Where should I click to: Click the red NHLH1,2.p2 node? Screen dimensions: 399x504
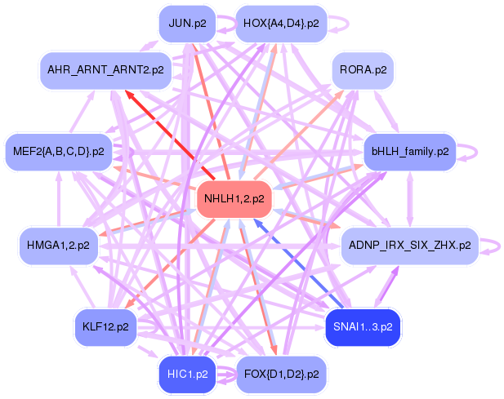coord(234,199)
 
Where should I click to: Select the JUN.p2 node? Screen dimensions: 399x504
coord(187,23)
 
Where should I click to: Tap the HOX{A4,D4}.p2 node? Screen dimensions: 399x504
coord(281,23)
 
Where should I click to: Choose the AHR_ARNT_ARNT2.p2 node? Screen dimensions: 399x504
coord(105,70)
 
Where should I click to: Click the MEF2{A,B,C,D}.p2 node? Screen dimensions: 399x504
coord(59,151)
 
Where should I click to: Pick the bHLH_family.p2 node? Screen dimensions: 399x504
coord(409,151)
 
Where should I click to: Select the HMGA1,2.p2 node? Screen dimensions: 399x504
coord(59,245)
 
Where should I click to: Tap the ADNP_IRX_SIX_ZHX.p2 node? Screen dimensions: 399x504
coord(409,245)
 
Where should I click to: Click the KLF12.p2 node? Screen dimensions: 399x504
coord(105,327)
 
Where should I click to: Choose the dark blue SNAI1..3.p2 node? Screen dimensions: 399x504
coord(363,327)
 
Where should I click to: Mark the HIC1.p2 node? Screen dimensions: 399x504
coord(187,375)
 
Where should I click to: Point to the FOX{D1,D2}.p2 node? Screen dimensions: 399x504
coord(281,375)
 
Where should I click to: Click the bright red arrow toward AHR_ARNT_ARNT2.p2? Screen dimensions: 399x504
coord(163,122)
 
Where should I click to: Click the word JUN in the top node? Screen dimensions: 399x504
coord(179,23)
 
